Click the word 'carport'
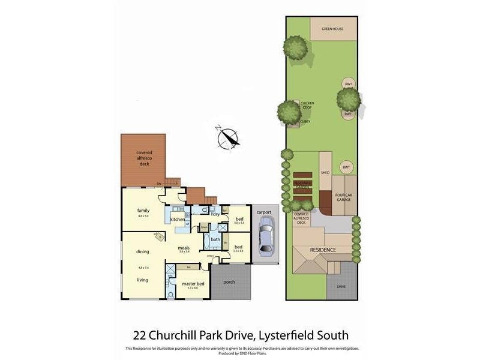coord(265,212)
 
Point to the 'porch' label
coord(228,281)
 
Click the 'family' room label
coord(143,211)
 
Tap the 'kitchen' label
coord(178,220)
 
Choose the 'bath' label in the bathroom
coord(215,239)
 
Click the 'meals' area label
coord(184,247)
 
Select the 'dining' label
coord(143,252)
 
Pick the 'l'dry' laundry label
coord(214,214)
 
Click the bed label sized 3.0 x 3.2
coord(239,220)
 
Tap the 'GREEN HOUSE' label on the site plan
coord(332,29)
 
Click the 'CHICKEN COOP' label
coord(307,105)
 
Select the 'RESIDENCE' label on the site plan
coord(323,250)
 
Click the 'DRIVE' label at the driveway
coord(341,287)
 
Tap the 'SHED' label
coord(325,173)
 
